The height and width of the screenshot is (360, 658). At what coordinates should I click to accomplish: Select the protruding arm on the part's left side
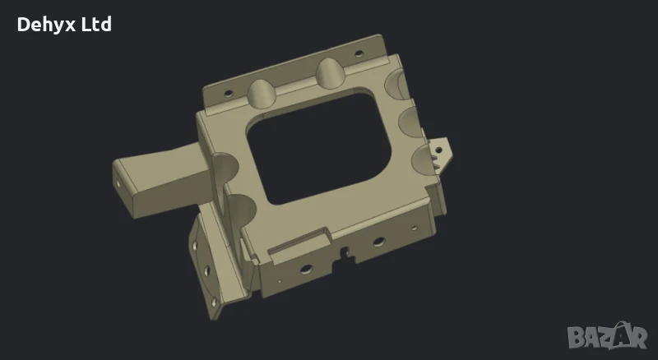click(156, 177)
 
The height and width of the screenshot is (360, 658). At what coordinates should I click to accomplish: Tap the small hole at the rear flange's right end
click(359, 55)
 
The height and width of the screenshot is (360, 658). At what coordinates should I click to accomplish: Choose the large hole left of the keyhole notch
click(305, 268)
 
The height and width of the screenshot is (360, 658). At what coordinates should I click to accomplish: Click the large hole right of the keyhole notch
click(378, 241)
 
